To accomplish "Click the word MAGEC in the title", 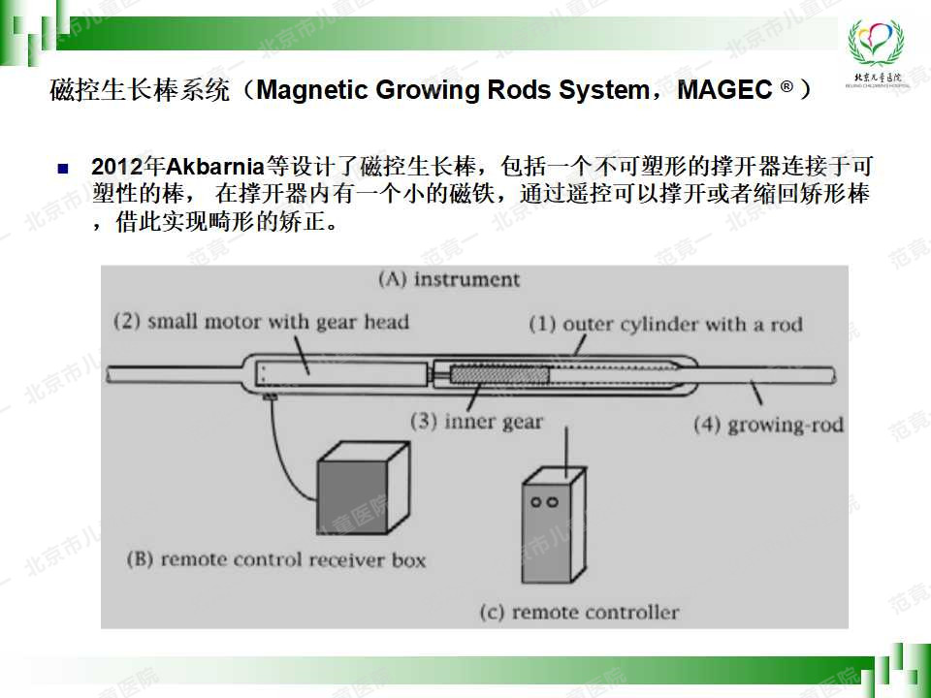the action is point(725,89).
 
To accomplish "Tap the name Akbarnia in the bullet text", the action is point(215,166).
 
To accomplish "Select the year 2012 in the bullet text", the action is point(117,166).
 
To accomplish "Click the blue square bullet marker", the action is point(63,169).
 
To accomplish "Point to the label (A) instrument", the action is point(449,279).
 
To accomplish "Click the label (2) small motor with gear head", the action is point(261,322).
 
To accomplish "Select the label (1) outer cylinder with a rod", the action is point(665,324).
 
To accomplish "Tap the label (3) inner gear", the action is point(476,422).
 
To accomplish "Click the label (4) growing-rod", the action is point(768,425).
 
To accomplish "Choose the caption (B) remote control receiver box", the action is point(276,559).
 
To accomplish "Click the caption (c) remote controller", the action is point(579,612).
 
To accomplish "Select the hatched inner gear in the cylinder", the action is point(499,375).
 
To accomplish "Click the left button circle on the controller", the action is point(536,503).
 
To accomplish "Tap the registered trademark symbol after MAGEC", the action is point(786,87).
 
